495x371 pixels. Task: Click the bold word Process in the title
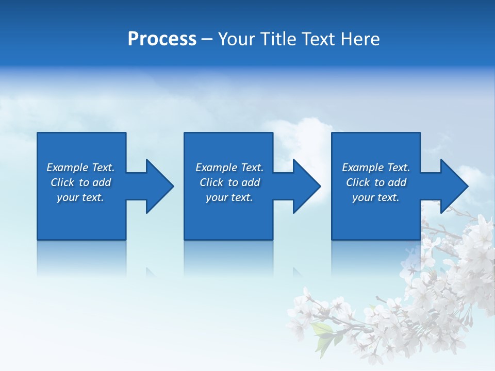(x=162, y=39)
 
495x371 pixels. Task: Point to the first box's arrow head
(x=159, y=186)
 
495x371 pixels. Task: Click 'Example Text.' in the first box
(x=80, y=167)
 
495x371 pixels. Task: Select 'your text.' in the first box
(x=80, y=197)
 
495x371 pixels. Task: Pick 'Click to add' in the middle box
(x=229, y=182)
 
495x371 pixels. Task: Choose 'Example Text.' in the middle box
(x=229, y=167)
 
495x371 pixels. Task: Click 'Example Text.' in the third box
(x=376, y=167)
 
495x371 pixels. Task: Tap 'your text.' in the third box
(x=376, y=197)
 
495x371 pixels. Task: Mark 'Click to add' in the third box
(x=376, y=182)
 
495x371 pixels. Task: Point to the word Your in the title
(x=238, y=39)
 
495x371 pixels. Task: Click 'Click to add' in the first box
(x=80, y=182)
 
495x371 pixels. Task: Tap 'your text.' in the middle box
(x=229, y=197)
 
